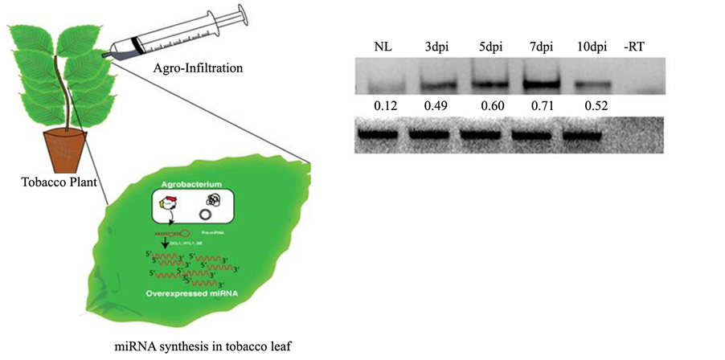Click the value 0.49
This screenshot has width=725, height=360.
(x=437, y=106)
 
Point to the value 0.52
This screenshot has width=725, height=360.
(x=591, y=106)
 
